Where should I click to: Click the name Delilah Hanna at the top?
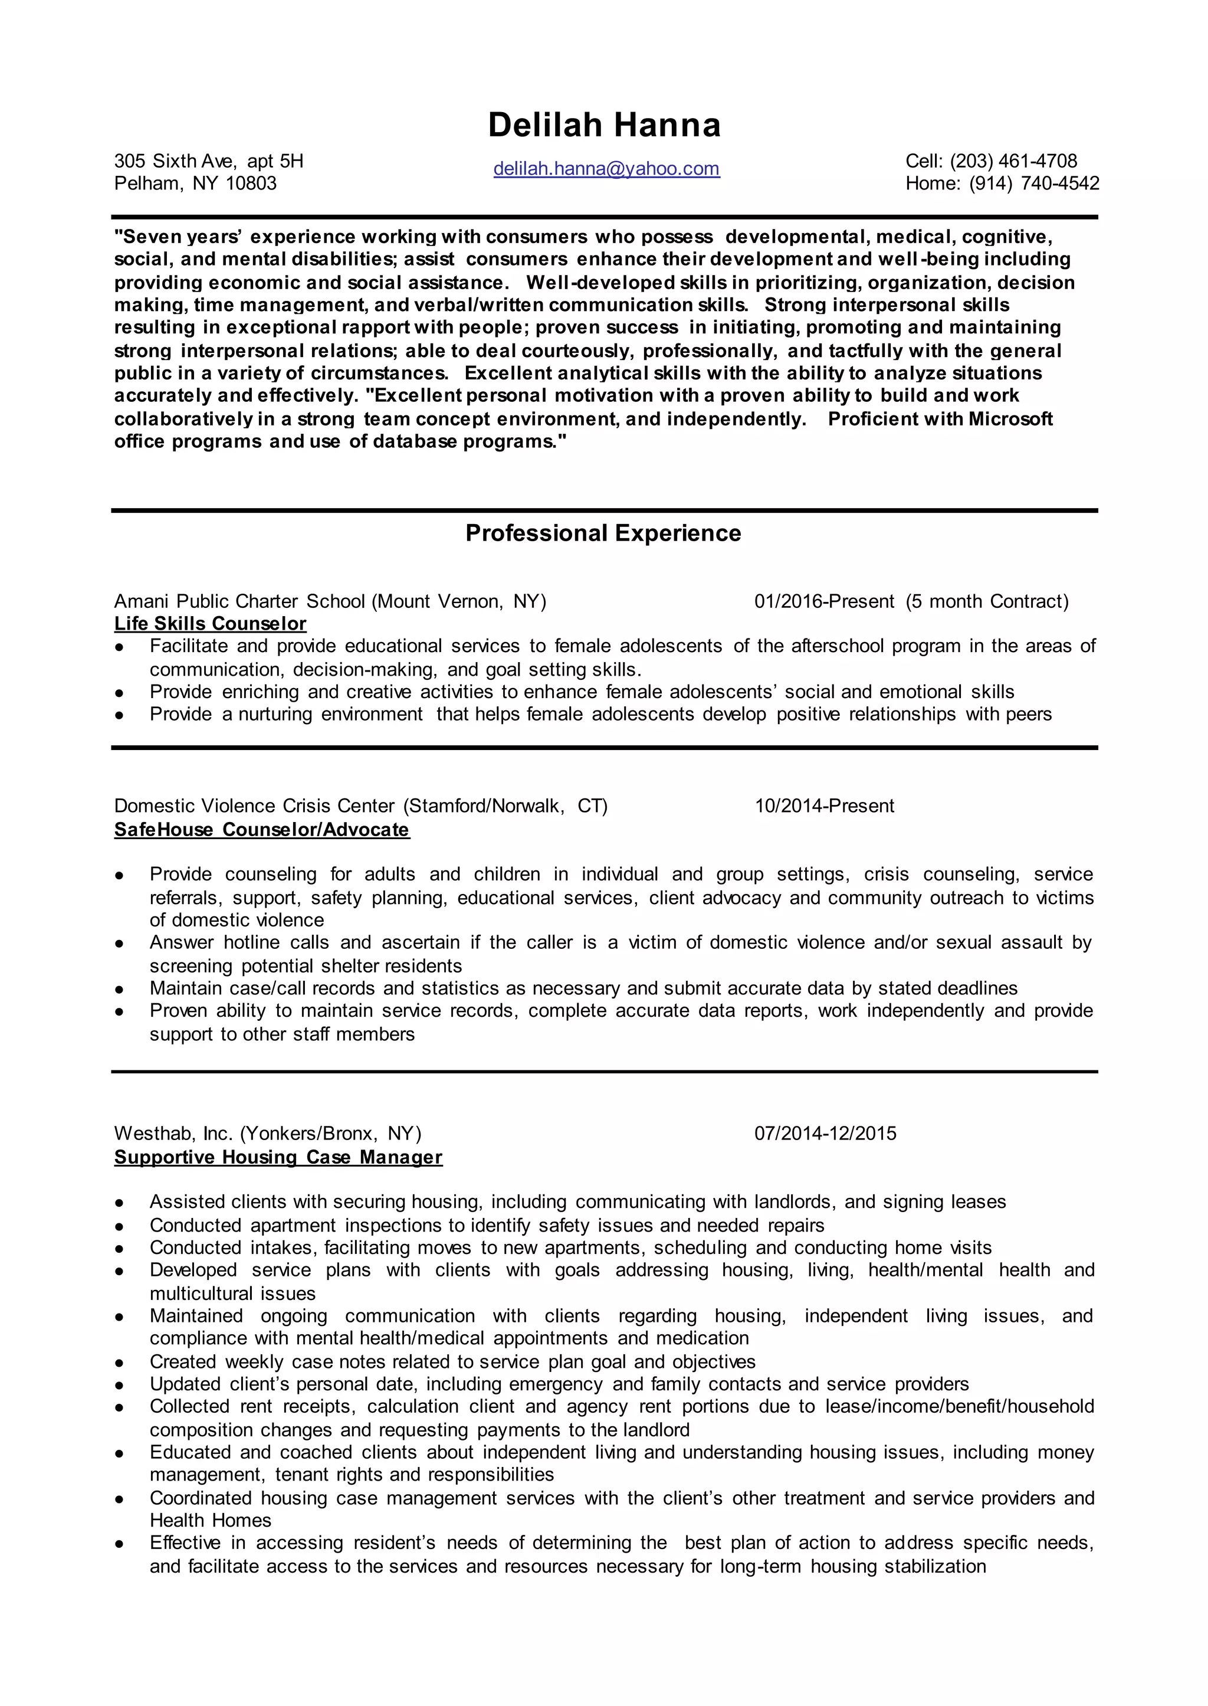[x=604, y=125]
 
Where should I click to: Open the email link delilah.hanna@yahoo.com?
[x=606, y=169]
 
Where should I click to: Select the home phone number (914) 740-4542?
[x=1034, y=183]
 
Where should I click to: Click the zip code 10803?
[x=251, y=183]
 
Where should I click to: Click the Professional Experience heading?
[x=603, y=533]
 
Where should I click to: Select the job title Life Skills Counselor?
[x=210, y=624]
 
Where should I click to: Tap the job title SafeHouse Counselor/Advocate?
[x=262, y=830]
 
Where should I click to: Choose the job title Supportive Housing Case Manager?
[x=278, y=1157]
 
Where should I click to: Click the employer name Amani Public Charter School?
[x=239, y=601]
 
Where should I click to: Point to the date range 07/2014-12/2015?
[x=825, y=1133]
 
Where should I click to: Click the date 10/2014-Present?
[x=824, y=805]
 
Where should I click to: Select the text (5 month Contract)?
[x=986, y=601]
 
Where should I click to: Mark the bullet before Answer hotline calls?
[x=119, y=944]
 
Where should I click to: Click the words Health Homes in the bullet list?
[x=210, y=1520]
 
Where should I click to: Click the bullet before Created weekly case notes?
[x=119, y=1363]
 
